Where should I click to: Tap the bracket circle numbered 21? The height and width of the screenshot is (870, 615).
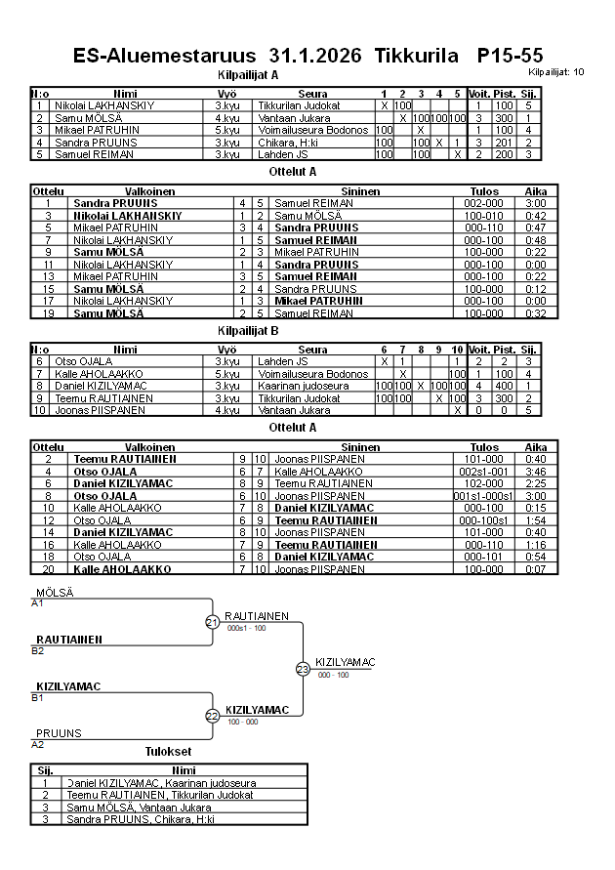(x=212, y=622)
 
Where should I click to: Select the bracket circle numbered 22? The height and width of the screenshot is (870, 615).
(x=212, y=716)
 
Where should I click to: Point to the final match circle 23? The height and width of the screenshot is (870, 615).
(x=303, y=669)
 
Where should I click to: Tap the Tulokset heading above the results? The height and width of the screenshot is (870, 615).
(x=168, y=752)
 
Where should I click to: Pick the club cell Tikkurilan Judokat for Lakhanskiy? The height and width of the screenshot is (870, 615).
(x=298, y=105)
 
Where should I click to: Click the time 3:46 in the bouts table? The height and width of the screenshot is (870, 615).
(x=536, y=471)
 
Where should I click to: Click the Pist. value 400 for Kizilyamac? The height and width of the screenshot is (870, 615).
(x=504, y=386)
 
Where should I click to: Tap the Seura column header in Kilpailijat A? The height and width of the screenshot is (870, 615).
(x=312, y=94)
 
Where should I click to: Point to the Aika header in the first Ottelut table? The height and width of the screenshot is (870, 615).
(x=536, y=191)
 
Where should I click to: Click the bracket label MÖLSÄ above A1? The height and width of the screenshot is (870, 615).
(x=55, y=593)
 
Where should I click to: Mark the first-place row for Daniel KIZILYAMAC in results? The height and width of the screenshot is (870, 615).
(x=161, y=783)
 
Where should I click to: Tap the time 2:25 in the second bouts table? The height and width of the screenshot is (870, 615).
(x=536, y=483)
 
